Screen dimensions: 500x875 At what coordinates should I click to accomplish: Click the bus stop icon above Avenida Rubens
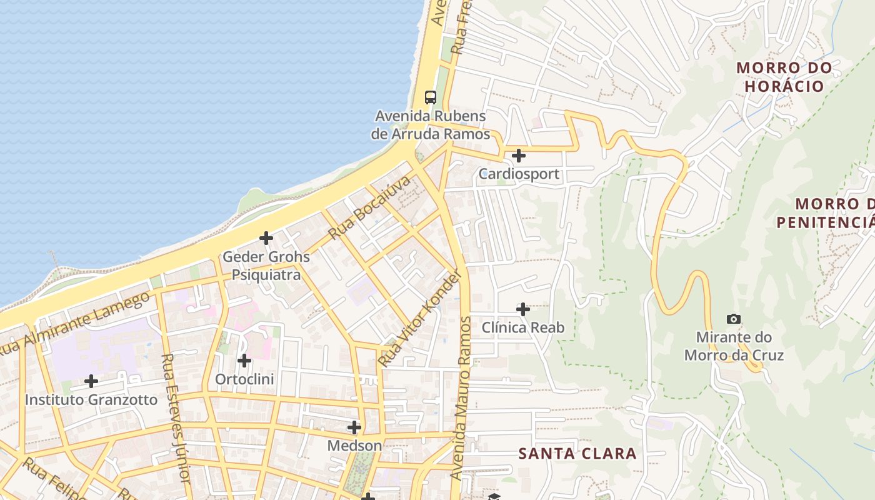click(x=431, y=97)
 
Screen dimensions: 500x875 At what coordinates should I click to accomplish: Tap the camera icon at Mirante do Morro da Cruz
click(x=734, y=319)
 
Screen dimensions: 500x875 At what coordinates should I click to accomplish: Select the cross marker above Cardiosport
click(x=518, y=155)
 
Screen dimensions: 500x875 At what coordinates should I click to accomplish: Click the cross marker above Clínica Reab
click(x=523, y=309)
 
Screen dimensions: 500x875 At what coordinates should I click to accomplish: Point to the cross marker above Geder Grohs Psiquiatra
click(x=266, y=238)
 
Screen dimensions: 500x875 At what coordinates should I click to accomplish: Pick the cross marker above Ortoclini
click(x=244, y=361)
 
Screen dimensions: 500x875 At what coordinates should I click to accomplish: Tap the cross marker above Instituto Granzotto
click(x=91, y=381)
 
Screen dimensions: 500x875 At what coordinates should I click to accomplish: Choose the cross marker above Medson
click(x=354, y=427)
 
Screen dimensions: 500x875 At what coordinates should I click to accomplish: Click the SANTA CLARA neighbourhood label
click(x=577, y=454)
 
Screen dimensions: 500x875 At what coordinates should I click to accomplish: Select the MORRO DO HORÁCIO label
click(x=785, y=77)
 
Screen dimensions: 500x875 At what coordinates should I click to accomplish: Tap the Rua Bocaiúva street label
click(x=371, y=207)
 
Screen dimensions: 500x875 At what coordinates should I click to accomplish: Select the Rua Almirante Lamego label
click(x=75, y=324)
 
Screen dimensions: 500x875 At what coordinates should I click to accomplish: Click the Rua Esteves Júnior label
click(x=176, y=417)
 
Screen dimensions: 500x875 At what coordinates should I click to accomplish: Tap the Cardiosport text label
click(x=519, y=174)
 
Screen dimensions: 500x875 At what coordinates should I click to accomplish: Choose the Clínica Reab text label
click(x=522, y=327)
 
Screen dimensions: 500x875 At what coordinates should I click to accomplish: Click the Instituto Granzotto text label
click(x=91, y=399)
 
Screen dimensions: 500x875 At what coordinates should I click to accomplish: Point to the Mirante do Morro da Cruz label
click(x=734, y=346)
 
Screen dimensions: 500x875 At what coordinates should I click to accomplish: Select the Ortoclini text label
click(x=244, y=379)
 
